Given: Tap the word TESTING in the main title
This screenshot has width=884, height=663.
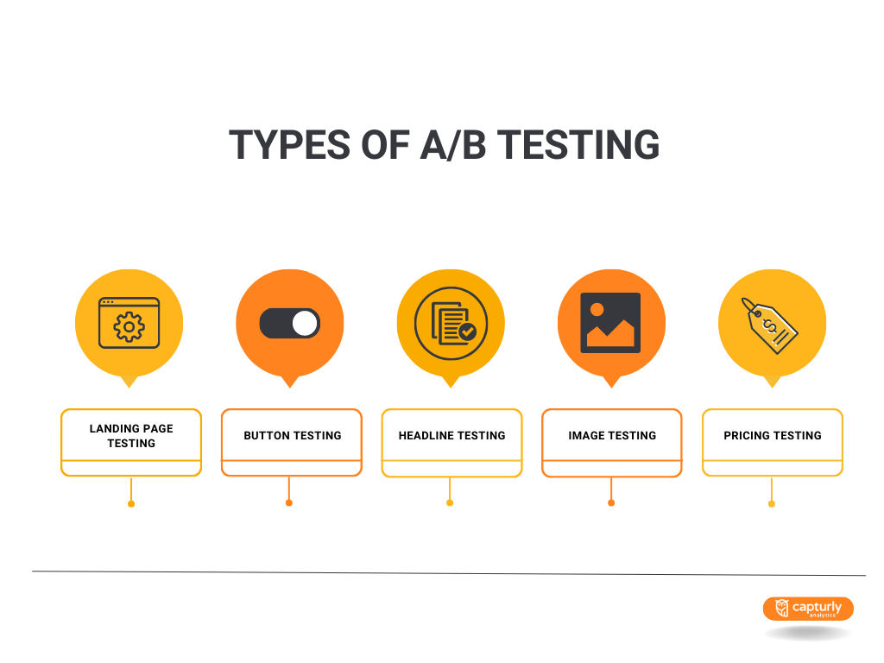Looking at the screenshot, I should [x=579, y=145].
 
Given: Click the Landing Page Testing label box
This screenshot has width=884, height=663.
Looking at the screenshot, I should [x=131, y=436].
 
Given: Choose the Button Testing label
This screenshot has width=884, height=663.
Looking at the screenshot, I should [x=292, y=436].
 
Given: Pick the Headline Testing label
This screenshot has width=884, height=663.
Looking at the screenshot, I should [x=451, y=436].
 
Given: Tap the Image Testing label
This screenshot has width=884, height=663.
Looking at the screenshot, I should [x=612, y=436].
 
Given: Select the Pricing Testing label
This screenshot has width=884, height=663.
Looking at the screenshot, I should [x=773, y=436].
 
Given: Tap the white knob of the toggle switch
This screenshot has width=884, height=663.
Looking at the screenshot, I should [x=305, y=324].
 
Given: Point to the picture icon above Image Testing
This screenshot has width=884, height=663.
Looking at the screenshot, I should [x=611, y=323].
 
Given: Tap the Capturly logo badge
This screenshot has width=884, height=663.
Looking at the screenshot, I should [x=808, y=609].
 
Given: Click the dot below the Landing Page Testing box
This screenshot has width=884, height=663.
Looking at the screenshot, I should [x=131, y=503].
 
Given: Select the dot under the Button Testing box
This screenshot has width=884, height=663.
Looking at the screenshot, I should [x=289, y=502].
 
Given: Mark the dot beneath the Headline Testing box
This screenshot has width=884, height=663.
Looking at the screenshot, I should [x=450, y=502].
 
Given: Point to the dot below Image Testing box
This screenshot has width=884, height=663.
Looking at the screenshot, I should [x=611, y=502].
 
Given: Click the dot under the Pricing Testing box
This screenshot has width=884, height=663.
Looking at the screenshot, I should [x=772, y=503].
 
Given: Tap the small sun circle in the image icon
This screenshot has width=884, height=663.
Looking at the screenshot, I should [x=597, y=309].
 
